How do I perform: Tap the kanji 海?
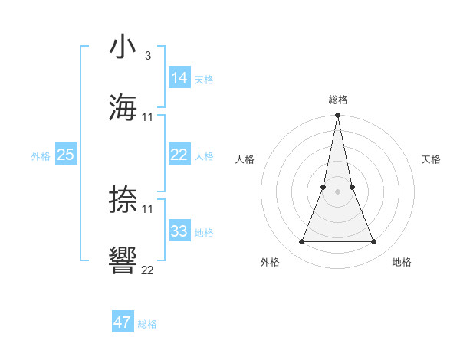tap(123, 106)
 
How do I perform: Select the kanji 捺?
tap(123, 199)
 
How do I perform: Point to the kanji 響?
tap(123, 260)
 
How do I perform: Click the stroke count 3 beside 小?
tap(147, 56)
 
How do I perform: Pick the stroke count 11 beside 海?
tap(148, 117)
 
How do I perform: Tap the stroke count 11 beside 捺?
tap(148, 209)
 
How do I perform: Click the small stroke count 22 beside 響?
tap(148, 270)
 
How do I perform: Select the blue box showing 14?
tap(179, 78)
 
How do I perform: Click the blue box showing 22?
tap(179, 155)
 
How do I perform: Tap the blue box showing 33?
tap(179, 231)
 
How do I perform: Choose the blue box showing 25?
tap(66, 155)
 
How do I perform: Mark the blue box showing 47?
tap(123, 322)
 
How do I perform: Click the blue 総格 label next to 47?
tap(147, 324)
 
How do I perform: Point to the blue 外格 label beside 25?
tap(41, 156)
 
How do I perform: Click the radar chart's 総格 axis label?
tap(337, 100)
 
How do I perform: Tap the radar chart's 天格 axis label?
tap(431, 159)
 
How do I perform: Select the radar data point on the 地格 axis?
tap(373, 242)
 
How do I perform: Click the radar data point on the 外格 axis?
tap(301, 242)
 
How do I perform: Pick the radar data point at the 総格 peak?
tap(337, 116)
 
